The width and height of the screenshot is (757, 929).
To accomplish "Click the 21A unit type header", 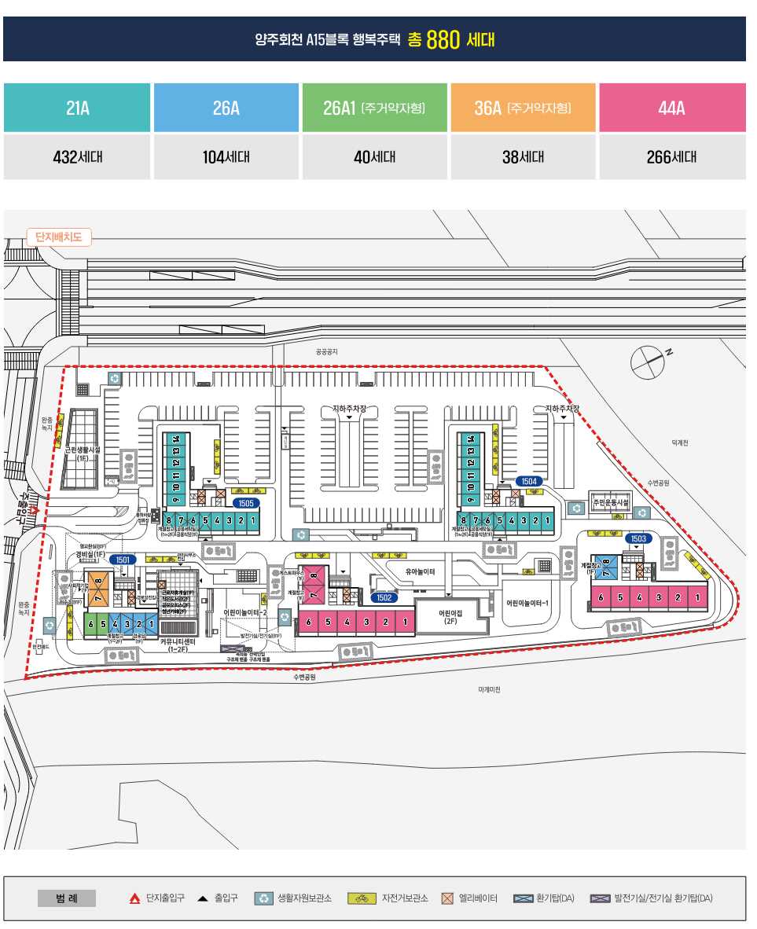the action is tap(77, 108).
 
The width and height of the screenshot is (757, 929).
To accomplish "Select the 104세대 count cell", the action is tap(226, 156).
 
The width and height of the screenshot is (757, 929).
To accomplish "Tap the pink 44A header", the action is tap(672, 108).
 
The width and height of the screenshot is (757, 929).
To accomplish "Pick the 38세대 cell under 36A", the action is tap(523, 156).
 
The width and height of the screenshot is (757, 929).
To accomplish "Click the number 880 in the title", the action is tap(443, 40).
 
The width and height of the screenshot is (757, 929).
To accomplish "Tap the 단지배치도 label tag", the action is tap(59, 237).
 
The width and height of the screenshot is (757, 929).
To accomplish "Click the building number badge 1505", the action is tap(245, 503).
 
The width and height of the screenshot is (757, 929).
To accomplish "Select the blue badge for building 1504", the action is tap(529, 481).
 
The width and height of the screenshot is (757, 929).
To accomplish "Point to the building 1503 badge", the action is tap(638, 539).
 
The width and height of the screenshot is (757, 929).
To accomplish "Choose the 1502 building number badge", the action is tap(384, 597).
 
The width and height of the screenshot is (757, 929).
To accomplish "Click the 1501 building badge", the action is tap(122, 560).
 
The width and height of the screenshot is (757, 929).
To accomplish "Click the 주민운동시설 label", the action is tap(610, 502).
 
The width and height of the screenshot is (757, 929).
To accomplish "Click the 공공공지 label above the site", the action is tap(326, 351).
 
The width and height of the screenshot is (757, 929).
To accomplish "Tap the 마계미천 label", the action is tap(489, 690).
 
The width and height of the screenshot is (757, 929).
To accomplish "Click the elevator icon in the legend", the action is tap(448, 898).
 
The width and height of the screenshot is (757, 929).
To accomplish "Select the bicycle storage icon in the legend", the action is tap(362, 898).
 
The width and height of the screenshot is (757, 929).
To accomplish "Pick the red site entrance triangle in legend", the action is tap(134, 898).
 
